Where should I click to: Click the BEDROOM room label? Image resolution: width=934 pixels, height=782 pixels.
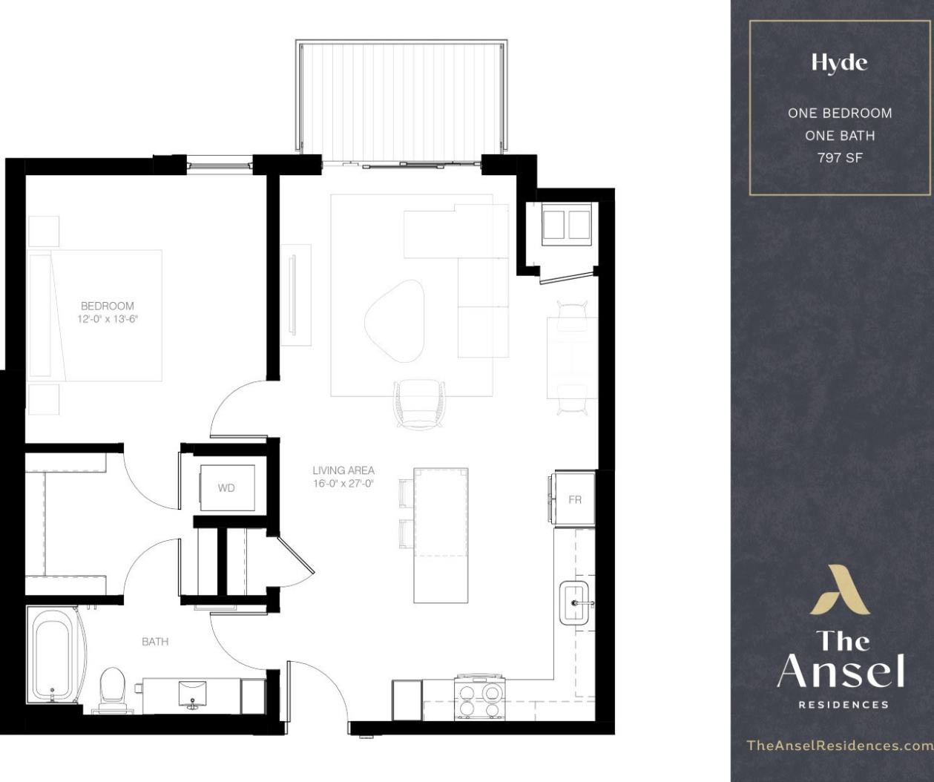[108, 306]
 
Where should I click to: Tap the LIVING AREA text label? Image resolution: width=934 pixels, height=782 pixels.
[343, 470]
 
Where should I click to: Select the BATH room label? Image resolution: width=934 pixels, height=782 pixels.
[155, 641]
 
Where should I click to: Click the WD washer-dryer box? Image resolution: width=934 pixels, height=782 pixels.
[226, 488]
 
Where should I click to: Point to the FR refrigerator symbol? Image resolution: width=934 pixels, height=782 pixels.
[575, 499]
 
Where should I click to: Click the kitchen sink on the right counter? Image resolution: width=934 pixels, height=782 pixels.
[575, 603]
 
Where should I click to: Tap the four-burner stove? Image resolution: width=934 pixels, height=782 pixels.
[480, 698]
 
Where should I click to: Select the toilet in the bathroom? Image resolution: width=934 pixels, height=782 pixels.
[112, 687]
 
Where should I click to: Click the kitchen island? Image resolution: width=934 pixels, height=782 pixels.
[441, 534]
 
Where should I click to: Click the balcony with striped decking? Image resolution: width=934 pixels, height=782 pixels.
[402, 100]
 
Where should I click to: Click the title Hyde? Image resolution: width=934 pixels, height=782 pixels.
[839, 63]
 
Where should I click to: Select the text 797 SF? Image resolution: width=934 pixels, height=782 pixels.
[840, 157]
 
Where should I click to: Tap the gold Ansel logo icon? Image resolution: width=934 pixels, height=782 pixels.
[839, 590]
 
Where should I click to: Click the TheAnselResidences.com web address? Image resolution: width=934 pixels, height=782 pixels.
[839, 745]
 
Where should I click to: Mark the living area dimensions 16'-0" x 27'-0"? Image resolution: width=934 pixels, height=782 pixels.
[343, 483]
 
